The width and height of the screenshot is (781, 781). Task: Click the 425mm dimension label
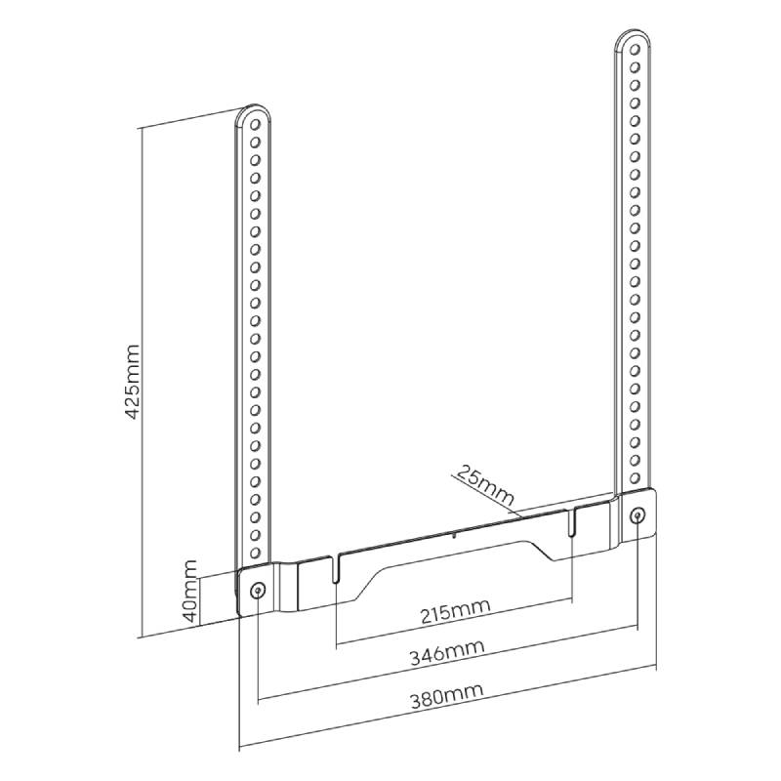point(132,381)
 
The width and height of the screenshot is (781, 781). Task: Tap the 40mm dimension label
point(190,591)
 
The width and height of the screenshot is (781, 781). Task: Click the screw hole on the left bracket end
point(258,591)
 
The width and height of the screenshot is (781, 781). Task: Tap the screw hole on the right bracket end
point(637,515)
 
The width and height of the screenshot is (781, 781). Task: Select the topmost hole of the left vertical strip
point(255,124)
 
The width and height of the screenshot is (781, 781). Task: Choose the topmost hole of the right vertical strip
point(635,50)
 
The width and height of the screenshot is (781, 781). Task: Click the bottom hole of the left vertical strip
point(255,553)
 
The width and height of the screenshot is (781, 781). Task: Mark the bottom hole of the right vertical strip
point(635,478)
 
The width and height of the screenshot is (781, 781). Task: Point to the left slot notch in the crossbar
point(335,567)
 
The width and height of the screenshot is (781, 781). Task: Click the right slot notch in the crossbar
point(572,522)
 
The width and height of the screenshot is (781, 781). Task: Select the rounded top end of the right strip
point(634,35)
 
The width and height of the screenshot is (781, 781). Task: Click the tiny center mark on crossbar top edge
point(453,536)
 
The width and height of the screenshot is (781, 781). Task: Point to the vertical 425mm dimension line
point(142,383)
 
